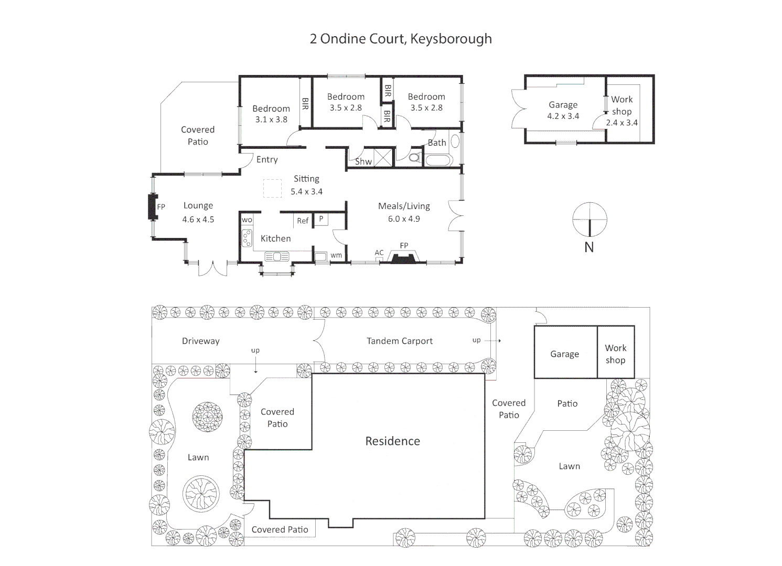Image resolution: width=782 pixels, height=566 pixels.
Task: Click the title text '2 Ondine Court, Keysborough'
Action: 401,39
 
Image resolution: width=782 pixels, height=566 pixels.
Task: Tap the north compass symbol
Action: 590,220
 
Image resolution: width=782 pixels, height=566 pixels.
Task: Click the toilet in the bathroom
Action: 414,157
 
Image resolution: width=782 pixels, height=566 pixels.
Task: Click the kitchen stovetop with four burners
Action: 247,238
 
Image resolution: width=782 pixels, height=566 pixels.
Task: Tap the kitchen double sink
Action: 276,256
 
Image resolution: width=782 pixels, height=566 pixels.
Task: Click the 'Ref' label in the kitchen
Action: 303,221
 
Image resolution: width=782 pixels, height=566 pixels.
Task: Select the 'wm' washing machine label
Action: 336,255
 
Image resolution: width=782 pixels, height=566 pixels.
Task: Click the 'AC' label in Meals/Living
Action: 379,253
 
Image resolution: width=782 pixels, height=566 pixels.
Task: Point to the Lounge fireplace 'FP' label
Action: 161,207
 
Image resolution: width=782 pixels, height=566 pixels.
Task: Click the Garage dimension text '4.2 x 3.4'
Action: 563,116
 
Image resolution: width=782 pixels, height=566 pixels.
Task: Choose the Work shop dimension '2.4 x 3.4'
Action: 622,123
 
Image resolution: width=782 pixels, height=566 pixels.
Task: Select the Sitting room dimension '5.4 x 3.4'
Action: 307,192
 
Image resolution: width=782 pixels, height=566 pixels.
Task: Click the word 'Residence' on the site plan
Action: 393,441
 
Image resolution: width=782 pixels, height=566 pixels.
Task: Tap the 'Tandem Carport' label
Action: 400,341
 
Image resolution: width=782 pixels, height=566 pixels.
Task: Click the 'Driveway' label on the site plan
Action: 200,341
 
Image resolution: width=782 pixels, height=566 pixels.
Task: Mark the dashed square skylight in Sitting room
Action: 272,188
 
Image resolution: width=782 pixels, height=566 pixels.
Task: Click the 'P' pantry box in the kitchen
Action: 321,219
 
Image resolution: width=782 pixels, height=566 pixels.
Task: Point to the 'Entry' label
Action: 267,160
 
